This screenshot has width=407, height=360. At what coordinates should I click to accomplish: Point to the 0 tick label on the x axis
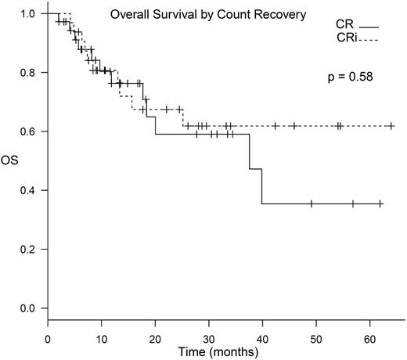49,335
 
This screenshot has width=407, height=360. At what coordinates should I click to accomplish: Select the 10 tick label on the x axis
102,335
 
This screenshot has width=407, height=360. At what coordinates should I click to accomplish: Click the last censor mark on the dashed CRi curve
391,125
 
